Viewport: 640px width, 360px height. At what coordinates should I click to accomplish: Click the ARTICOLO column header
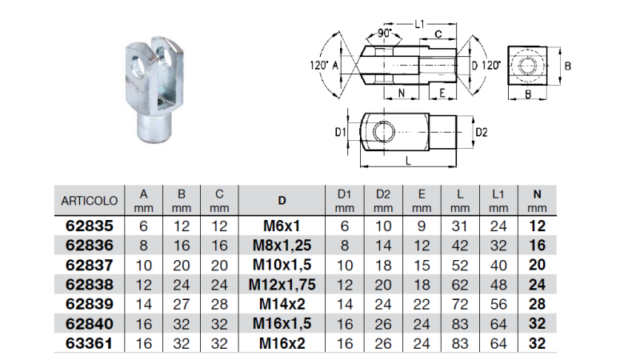[90, 200]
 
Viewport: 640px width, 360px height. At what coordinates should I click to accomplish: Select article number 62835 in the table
[90, 226]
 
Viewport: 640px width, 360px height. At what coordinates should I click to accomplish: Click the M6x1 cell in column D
[281, 226]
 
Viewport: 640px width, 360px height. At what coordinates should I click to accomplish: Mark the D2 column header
[383, 199]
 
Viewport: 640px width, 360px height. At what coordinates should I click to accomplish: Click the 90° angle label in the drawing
[387, 34]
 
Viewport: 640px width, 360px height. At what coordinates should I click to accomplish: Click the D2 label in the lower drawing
[481, 130]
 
